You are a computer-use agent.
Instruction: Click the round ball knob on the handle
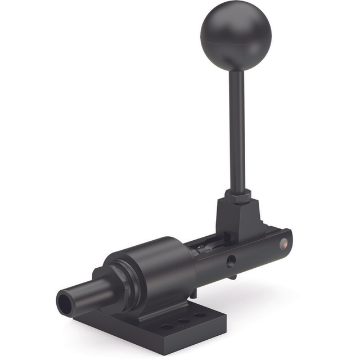[x=235, y=35]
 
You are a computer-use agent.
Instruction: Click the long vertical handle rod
[x=237, y=129]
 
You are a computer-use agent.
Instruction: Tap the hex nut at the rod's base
[x=238, y=196]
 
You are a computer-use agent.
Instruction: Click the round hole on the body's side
[x=231, y=260]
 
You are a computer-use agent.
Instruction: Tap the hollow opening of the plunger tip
[x=63, y=304]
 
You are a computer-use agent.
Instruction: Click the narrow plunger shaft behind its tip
[x=90, y=294]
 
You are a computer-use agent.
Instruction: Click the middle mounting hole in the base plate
[x=183, y=321]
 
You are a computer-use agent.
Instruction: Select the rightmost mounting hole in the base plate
[x=200, y=315]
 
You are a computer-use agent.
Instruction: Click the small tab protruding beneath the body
[x=231, y=276]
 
